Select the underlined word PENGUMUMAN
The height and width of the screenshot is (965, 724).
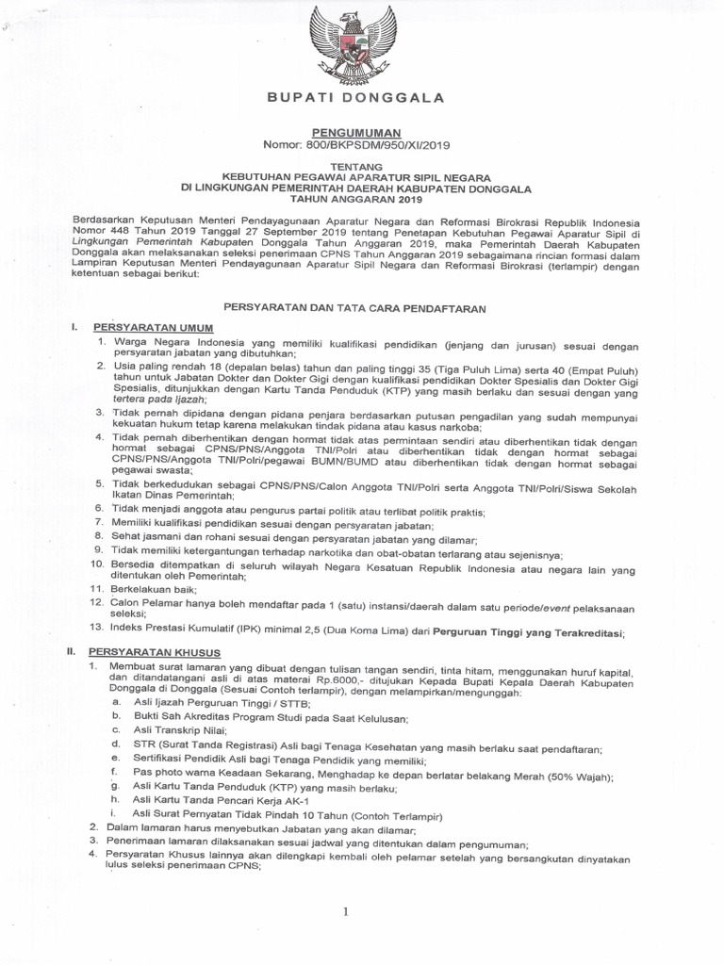[x=356, y=134]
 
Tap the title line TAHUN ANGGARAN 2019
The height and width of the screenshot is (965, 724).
[x=356, y=199]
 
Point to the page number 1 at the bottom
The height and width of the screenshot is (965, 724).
[x=346, y=911]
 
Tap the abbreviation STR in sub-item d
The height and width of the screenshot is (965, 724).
[x=144, y=744]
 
